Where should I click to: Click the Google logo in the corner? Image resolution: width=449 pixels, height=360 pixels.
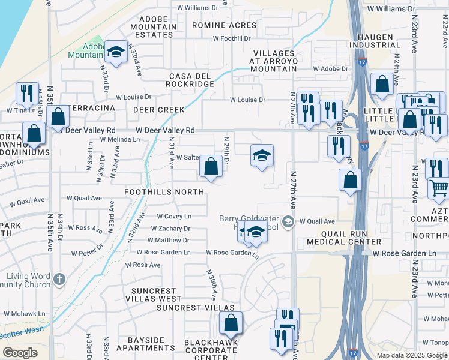click(x=20, y=353)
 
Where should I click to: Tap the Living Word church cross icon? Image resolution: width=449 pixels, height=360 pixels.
click(x=58, y=279)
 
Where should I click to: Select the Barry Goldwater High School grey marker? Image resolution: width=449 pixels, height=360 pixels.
click(x=289, y=223)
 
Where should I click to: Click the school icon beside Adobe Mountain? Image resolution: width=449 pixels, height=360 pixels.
click(x=115, y=52)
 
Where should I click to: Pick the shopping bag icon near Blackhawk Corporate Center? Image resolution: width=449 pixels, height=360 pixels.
click(x=231, y=323)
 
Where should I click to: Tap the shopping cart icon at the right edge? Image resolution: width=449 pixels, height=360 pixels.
click(x=438, y=188)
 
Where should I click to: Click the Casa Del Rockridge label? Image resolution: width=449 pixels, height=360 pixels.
click(x=191, y=80)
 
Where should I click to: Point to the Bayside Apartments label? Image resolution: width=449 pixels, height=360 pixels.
click(x=146, y=344)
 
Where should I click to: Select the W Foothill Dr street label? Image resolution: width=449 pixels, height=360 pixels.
click(x=232, y=38)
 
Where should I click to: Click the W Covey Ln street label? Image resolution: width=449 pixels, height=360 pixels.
click(x=174, y=216)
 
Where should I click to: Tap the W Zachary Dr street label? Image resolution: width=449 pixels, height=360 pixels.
click(x=170, y=229)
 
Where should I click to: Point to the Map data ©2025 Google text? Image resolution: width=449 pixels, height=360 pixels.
click(x=411, y=355)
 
